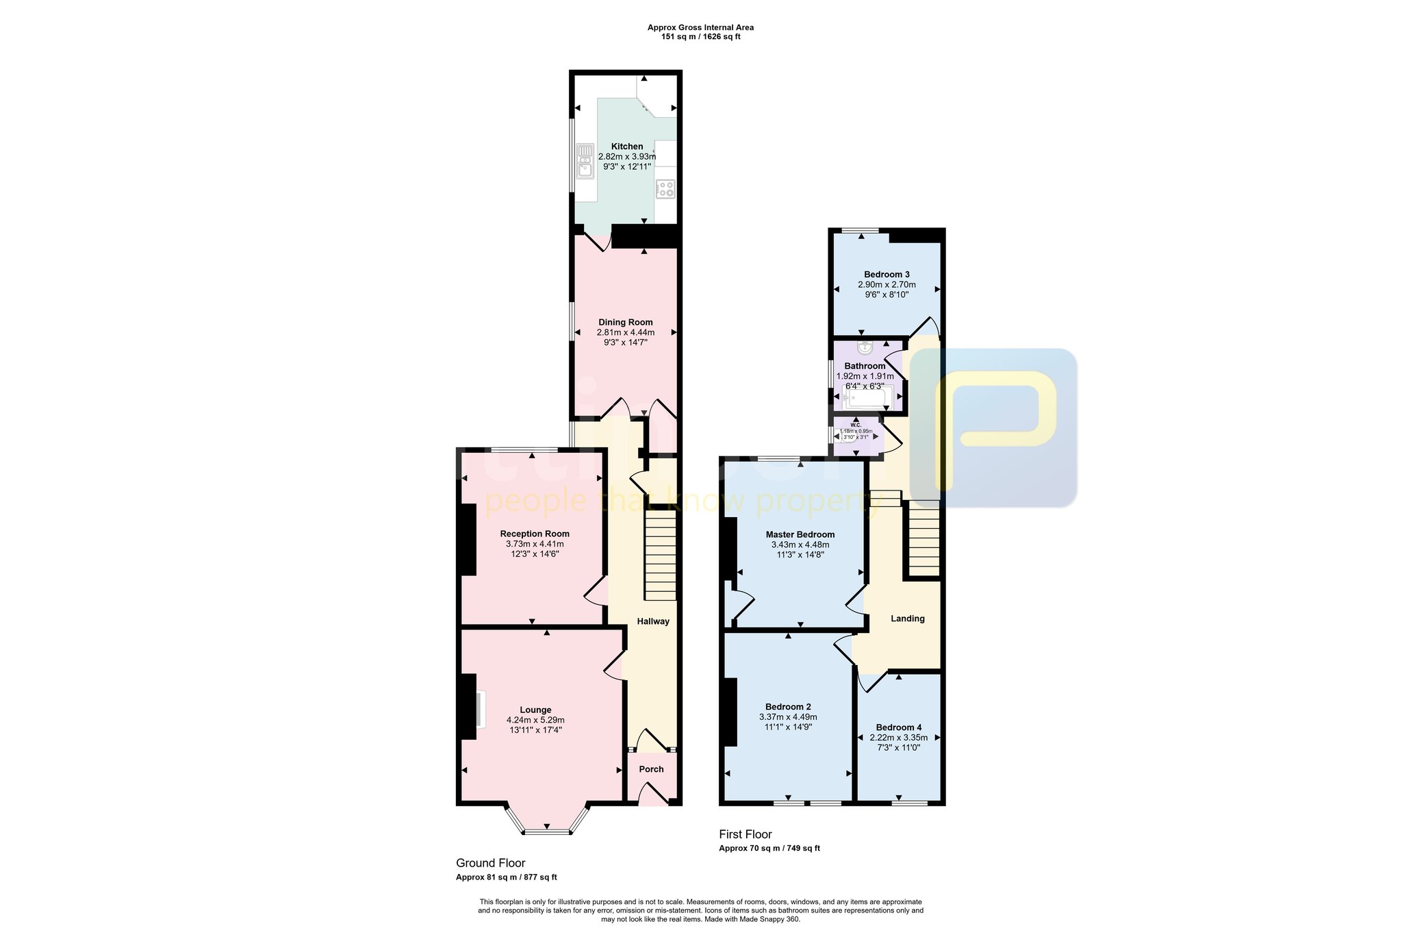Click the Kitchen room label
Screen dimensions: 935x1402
point(627,147)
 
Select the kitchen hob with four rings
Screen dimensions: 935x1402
point(665,189)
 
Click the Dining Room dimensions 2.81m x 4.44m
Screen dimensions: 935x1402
point(626,332)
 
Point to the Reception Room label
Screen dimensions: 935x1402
point(535,534)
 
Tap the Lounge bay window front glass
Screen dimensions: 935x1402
point(546,832)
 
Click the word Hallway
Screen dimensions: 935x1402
point(653,621)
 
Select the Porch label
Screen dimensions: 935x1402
point(651,769)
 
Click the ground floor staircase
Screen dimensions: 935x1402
point(660,558)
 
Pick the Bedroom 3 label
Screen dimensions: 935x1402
point(887,275)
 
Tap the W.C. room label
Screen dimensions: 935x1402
point(856,425)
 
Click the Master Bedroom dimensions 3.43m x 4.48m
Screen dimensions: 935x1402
point(800,545)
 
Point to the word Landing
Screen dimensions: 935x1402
point(908,619)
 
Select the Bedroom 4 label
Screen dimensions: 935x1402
point(899,727)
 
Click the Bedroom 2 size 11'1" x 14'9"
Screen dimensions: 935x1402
point(789,727)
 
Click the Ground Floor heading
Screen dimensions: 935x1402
point(491,863)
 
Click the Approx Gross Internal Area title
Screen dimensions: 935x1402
point(700,28)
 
